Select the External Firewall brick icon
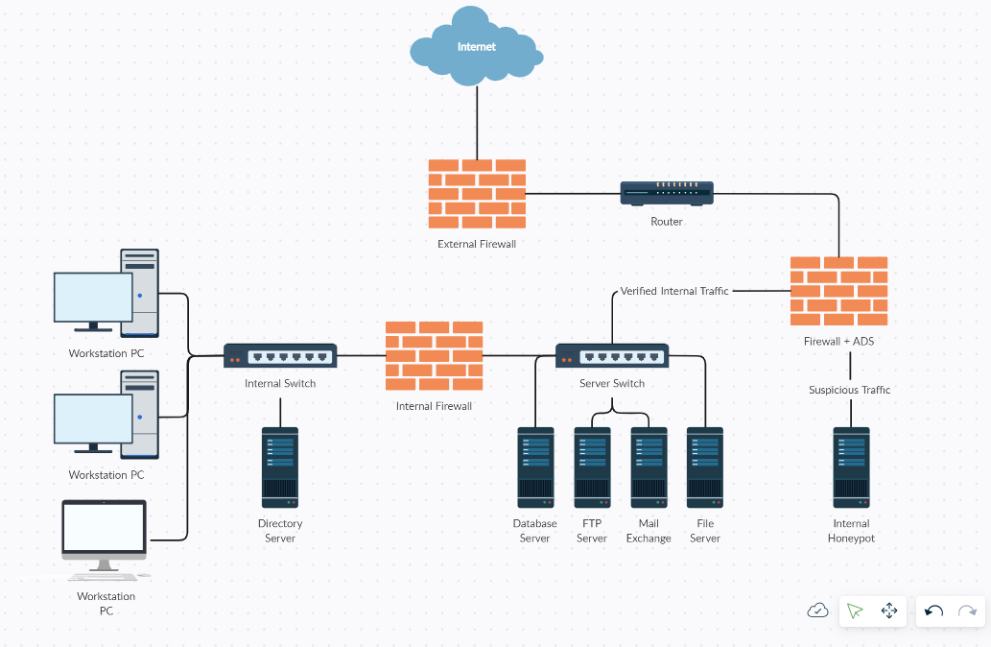[x=477, y=193]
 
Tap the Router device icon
[x=667, y=193]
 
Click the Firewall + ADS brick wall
[x=838, y=291]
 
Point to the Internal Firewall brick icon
[x=434, y=356]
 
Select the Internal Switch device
[x=280, y=356]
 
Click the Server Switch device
[x=612, y=356]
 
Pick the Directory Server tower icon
[x=280, y=467]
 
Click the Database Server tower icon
[x=535, y=467]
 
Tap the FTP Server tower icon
[x=592, y=467]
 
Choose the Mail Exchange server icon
[x=649, y=467]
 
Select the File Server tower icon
[x=705, y=467]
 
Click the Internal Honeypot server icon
[x=851, y=467]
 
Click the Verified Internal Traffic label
[x=674, y=291]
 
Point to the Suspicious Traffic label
[x=849, y=390]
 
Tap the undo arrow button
[x=933, y=611]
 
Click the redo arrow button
[x=967, y=611]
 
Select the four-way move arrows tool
[x=888, y=611]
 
